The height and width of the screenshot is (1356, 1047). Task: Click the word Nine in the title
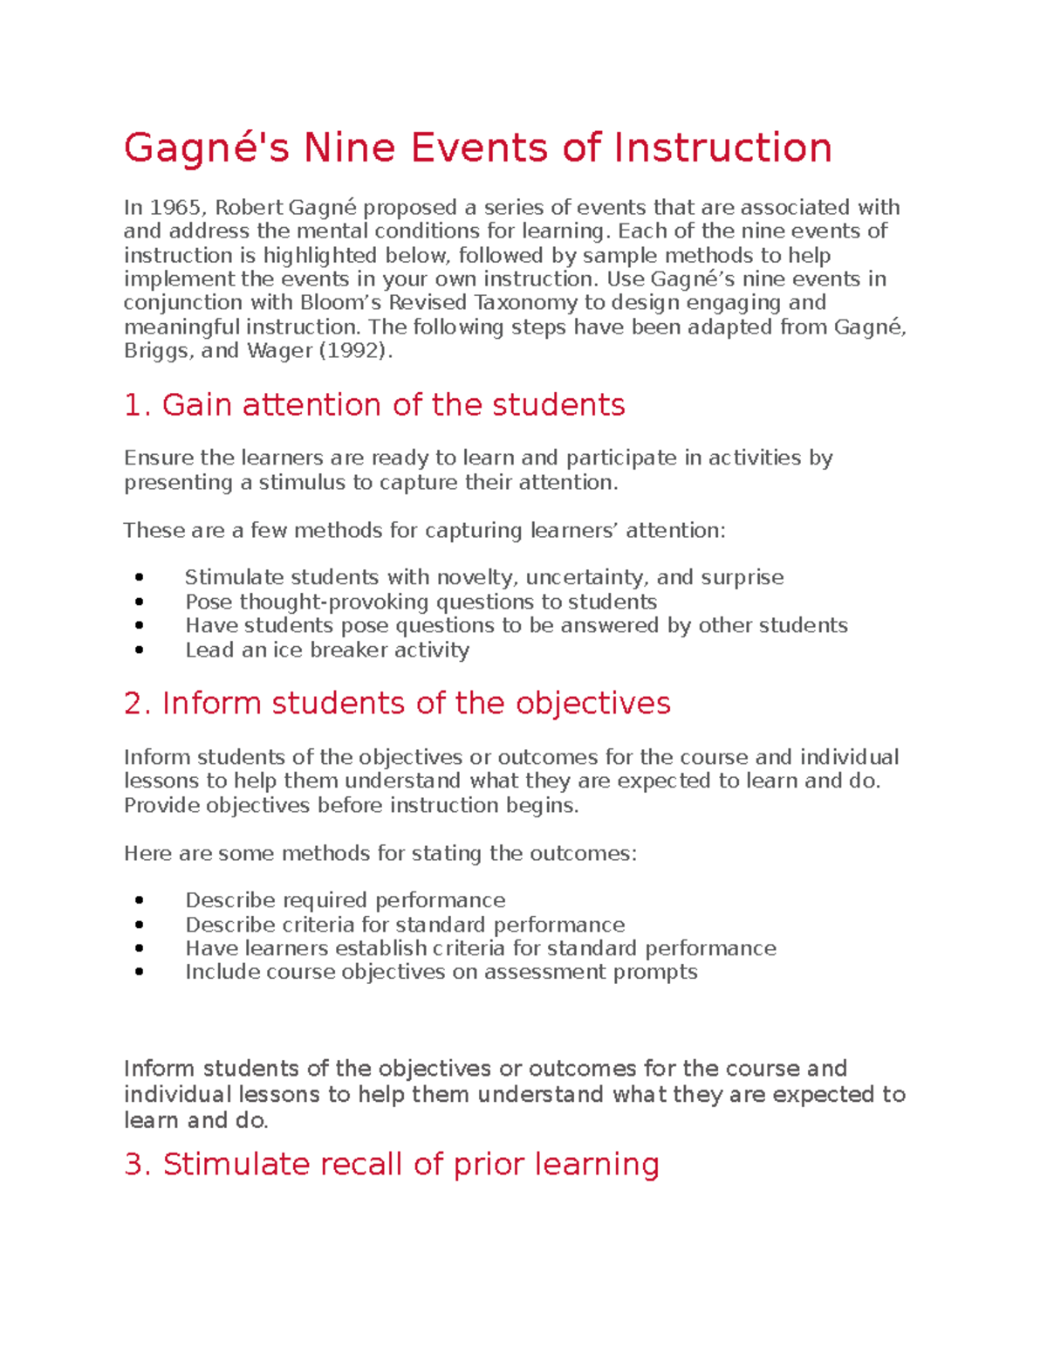(349, 148)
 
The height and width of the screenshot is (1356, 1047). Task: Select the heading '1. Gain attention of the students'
(374, 405)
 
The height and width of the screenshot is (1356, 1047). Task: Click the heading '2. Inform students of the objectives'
(397, 704)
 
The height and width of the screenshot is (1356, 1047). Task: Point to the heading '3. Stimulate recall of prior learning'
(392, 1165)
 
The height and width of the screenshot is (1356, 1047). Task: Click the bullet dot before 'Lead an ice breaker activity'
(140, 650)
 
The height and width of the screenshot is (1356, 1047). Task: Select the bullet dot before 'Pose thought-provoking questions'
(140, 602)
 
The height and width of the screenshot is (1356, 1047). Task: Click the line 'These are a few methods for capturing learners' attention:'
(424, 531)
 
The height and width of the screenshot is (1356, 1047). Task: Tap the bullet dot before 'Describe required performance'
(140, 901)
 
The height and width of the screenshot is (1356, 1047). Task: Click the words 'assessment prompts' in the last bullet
(591, 973)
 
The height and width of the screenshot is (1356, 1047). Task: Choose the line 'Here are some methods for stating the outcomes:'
(380, 854)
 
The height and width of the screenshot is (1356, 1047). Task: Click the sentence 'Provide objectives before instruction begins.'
(351, 806)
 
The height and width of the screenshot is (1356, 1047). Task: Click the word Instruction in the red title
(722, 148)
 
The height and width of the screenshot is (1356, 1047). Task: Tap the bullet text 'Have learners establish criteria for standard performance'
(480, 949)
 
